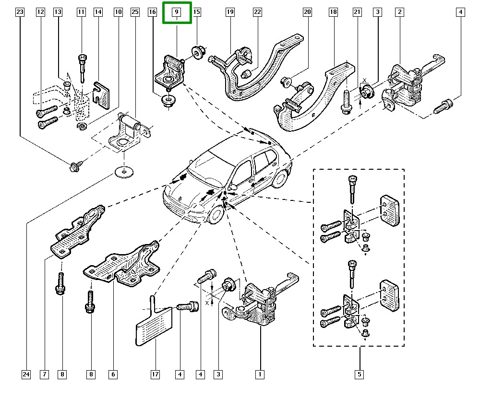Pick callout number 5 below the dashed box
(360, 374)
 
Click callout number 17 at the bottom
(155, 374)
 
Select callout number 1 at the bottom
(260, 374)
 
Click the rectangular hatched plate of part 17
(154, 327)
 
